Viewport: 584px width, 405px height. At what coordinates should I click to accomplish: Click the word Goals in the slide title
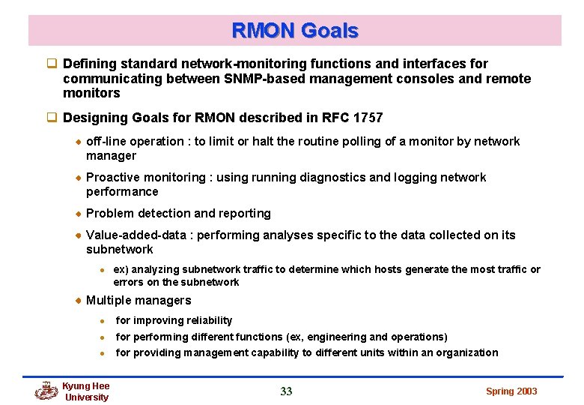tap(329, 31)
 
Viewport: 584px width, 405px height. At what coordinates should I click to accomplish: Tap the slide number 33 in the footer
tap(286, 391)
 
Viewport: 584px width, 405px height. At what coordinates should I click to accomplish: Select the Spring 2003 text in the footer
tap(511, 391)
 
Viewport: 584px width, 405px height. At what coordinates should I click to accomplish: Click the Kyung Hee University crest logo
tap(46, 391)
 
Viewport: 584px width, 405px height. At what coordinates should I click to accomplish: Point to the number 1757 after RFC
tap(367, 118)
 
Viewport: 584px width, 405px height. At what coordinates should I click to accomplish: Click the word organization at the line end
tap(467, 352)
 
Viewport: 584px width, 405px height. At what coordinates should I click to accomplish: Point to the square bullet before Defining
tap(52, 64)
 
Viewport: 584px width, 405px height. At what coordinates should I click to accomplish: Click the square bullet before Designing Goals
tap(52, 118)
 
